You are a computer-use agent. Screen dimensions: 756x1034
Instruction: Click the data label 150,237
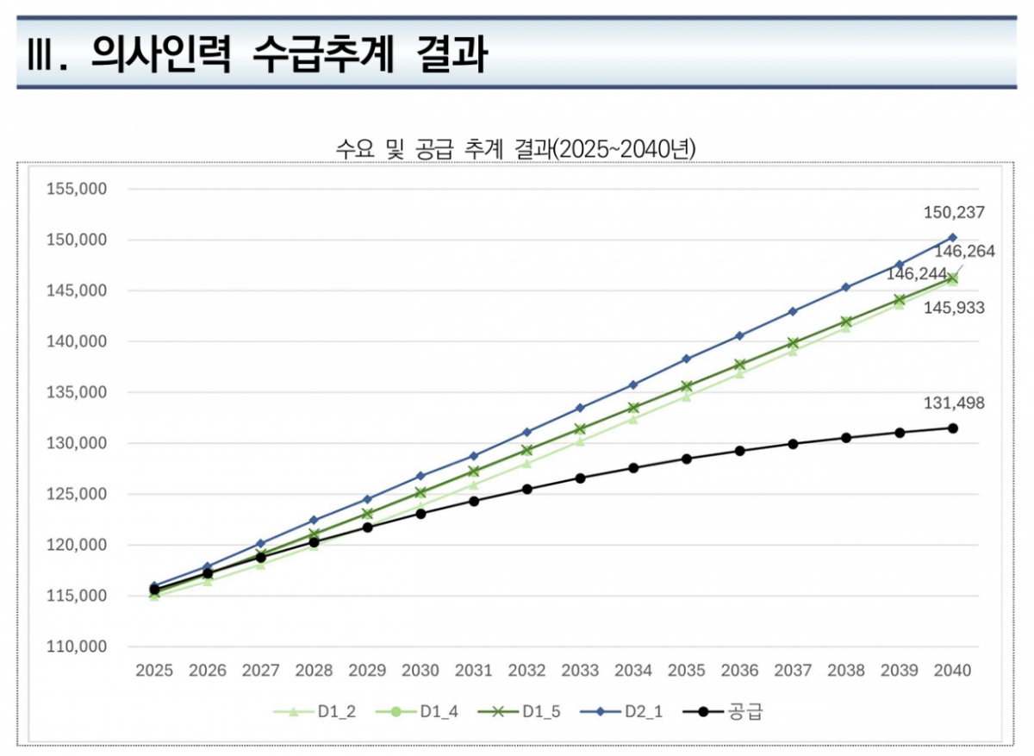(954, 212)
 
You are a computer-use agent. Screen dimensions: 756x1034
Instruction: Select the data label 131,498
(954, 403)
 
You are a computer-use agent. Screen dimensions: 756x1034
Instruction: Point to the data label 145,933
(954, 308)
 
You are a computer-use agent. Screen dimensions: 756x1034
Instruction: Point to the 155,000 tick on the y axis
(76, 189)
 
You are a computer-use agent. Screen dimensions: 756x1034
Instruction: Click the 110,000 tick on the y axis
(76, 647)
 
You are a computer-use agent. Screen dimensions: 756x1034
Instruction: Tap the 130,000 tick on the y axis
(76, 443)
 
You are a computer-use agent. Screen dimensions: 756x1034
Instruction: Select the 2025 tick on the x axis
(154, 671)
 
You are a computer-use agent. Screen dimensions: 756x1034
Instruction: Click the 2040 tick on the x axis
(953, 671)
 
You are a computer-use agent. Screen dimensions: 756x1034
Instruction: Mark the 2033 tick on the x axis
(580, 671)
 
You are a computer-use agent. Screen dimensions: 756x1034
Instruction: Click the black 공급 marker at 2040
(953, 428)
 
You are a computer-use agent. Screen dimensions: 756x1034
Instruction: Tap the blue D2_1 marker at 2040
(953, 237)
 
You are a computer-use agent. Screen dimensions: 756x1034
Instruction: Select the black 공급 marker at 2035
(687, 459)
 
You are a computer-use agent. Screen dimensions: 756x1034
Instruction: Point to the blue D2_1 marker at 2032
(526, 432)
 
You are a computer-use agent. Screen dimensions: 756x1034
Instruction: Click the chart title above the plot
(516, 149)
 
